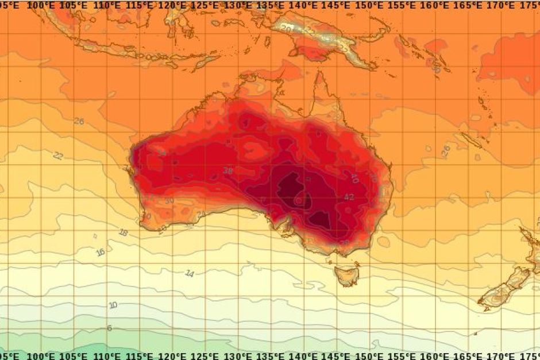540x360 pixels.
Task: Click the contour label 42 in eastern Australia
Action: pyautogui.click(x=349, y=197)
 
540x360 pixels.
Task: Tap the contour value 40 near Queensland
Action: pyautogui.click(x=354, y=179)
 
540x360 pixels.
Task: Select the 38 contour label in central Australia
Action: pyautogui.click(x=228, y=171)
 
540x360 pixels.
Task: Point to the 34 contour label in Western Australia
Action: pyautogui.click(x=162, y=153)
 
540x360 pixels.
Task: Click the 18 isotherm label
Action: pyautogui.click(x=123, y=233)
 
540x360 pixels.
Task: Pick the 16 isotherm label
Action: pyautogui.click(x=101, y=252)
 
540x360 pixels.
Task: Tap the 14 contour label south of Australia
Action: pyautogui.click(x=190, y=273)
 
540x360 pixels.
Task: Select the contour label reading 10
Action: pyautogui.click(x=113, y=305)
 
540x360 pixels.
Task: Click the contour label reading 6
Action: pyautogui.click(x=109, y=328)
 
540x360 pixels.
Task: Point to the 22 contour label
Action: pyautogui.click(x=58, y=156)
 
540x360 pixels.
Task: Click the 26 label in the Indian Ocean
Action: pyautogui.click(x=79, y=122)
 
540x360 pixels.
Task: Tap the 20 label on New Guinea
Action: pyautogui.click(x=287, y=27)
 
